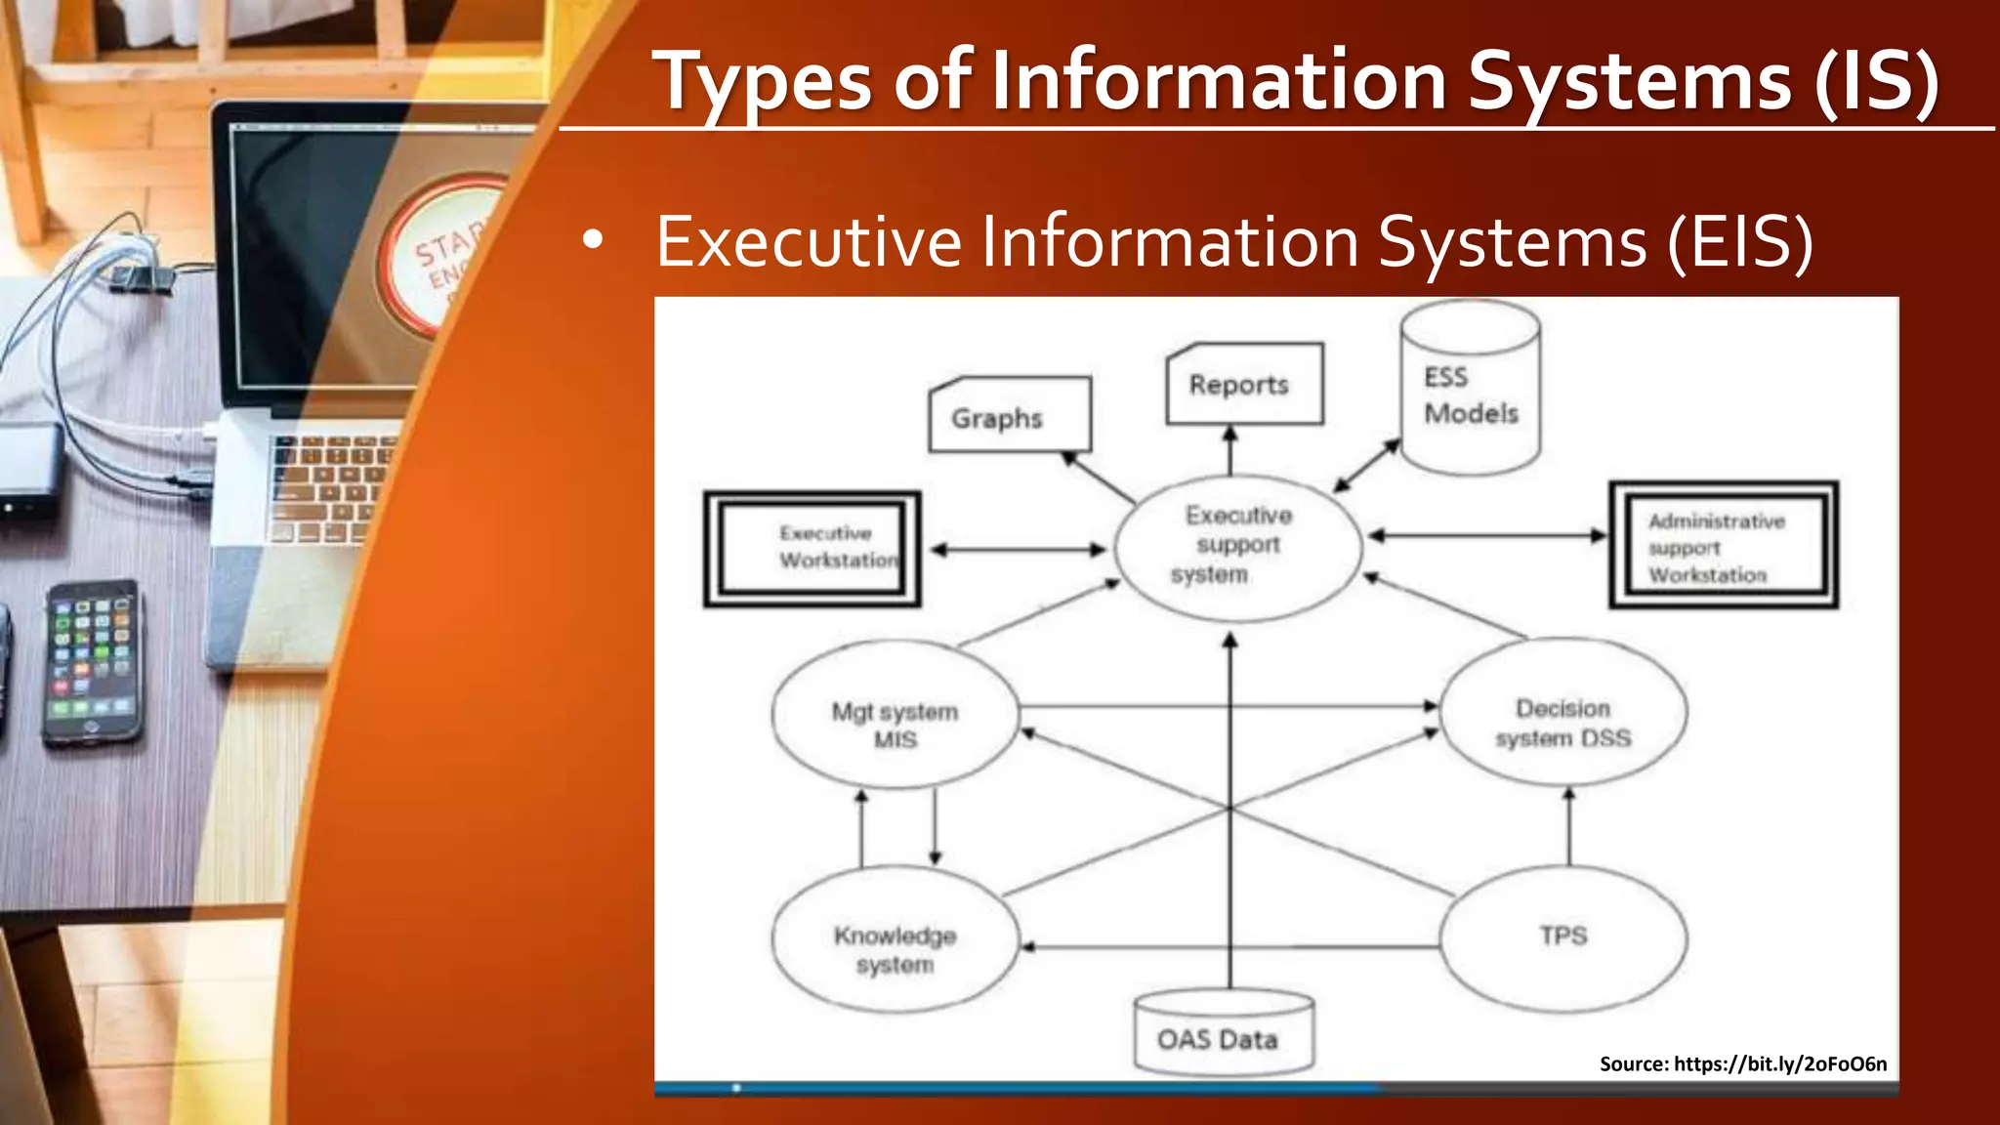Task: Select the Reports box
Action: tap(1244, 384)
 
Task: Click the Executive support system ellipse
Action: tap(1237, 547)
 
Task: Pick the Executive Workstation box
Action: tap(812, 549)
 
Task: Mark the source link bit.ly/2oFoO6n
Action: tap(1779, 1063)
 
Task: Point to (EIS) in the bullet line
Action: tap(1739, 242)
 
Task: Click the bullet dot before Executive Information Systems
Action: tap(592, 240)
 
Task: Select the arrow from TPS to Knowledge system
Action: tap(1230, 946)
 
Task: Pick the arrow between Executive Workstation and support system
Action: tap(1018, 550)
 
